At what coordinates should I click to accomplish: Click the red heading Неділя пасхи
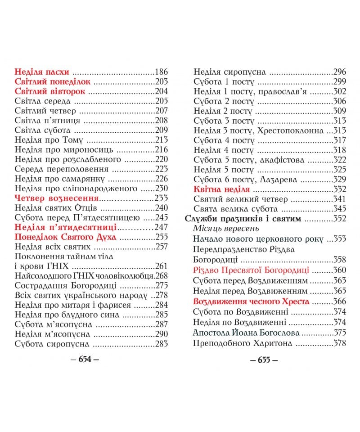pos(42,72)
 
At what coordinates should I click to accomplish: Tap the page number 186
pos(161,72)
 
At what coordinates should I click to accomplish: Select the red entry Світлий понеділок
pos(53,81)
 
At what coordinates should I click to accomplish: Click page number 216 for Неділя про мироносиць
pos(161,150)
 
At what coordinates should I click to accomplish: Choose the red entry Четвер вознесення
pos(57,198)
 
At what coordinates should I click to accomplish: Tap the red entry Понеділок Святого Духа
pos(66,237)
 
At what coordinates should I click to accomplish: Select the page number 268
pos(161,275)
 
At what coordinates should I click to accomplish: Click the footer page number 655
pos(264,360)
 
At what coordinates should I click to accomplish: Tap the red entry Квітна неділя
pos(219,189)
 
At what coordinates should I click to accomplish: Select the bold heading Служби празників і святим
pos(243,219)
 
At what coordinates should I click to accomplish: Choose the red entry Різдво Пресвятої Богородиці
pos(251,270)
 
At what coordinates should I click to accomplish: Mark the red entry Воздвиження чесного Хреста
pos(251,301)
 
